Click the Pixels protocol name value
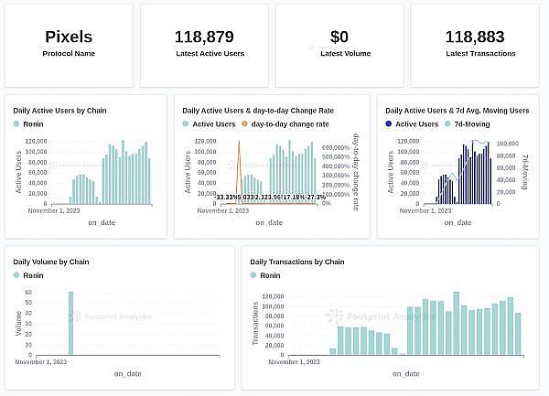click(69, 37)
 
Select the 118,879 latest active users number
click(204, 37)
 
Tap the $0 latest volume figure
click(339, 37)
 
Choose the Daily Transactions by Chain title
click(297, 262)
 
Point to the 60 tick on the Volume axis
click(28, 293)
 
